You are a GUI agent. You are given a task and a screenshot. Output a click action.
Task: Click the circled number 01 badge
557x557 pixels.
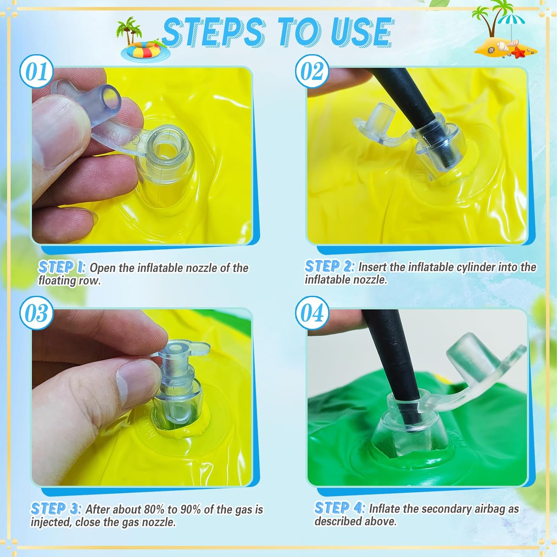pyautogui.click(x=36, y=71)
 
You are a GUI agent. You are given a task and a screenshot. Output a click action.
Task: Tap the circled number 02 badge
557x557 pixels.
pyautogui.click(x=312, y=71)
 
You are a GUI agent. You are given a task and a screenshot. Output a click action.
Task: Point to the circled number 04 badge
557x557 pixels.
pyautogui.click(x=312, y=313)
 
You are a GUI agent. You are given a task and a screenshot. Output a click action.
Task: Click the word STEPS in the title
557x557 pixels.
pyautogui.click(x=214, y=33)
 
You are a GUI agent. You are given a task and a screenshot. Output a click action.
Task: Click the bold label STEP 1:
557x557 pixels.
pyautogui.click(x=62, y=267)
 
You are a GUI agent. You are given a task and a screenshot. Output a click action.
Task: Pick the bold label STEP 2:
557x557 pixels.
pyautogui.click(x=329, y=266)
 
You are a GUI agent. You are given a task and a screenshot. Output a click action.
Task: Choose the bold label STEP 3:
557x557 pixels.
pyautogui.click(x=56, y=509)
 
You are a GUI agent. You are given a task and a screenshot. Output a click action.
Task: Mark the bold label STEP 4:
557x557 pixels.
pyautogui.click(x=340, y=508)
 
